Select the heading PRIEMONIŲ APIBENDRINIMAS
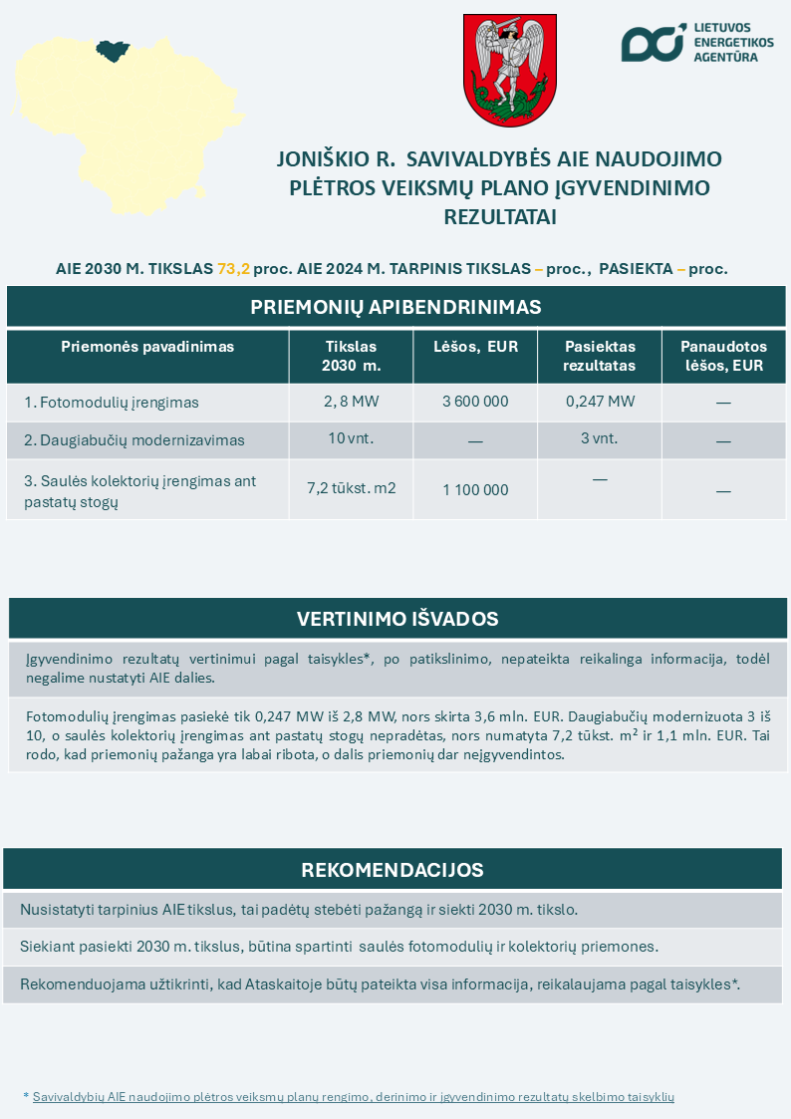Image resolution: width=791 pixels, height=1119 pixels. click(x=395, y=307)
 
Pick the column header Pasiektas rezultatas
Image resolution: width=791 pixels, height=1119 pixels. click(x=600, y=356)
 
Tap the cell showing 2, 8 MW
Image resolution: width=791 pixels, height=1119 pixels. click(x=351, y=402)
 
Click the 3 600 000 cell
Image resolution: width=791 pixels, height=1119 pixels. click(x=475, y=402)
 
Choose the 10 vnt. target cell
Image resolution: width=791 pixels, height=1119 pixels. click(x=350, y=438)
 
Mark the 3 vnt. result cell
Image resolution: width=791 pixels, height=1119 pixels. click(x=599, y=438)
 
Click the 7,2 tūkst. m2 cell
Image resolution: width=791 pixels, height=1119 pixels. click(x=351, y=488)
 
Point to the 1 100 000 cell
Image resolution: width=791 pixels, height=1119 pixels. click(x=475, y=489)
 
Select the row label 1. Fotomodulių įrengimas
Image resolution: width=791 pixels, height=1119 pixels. click(x=112, y=403)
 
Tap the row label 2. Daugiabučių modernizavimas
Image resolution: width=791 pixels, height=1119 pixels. click(x=134, y=439)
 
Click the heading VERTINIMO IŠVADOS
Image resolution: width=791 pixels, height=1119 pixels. click(x=396, y=619)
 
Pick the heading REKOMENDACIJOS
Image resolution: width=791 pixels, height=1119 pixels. click(x=393, y=870)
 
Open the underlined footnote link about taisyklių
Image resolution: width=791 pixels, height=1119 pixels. click(x=354, y=1096)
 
